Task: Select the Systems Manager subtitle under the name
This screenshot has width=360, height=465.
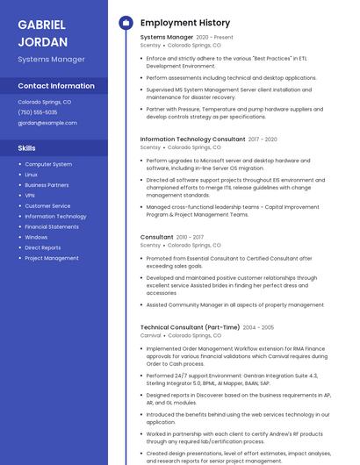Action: (x=51, y=59)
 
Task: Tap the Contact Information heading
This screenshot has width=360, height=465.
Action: (x=56, y=86)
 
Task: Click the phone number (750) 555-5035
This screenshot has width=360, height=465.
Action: (x=38, y=112)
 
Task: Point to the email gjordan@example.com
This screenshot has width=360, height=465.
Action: (x=47, y=123)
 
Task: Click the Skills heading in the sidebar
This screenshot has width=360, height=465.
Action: (x=27, y=148)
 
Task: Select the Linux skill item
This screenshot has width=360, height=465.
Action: (x=32, y=175)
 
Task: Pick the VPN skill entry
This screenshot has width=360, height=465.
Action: (x=30, y=196)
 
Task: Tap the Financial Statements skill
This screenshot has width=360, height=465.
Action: (x=52, y=226)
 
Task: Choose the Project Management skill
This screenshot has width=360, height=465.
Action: (x=52, y=258)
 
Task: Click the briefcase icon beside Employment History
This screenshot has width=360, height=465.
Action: (x=126, y=23)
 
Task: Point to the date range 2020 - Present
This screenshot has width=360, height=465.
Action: (x=214, y=38)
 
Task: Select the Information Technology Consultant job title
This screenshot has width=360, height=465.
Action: (x=192, y=139)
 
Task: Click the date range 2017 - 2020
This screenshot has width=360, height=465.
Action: (x=263, y=139)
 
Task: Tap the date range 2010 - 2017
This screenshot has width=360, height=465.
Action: (x=190, y=237)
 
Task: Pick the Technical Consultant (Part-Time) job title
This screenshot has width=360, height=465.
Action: (x=189, y=327)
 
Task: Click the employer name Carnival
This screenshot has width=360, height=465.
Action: (x=150, y=335)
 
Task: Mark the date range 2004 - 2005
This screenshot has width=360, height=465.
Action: (x=258, y=327)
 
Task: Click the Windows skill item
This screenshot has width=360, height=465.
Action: (x=36, y=237)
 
